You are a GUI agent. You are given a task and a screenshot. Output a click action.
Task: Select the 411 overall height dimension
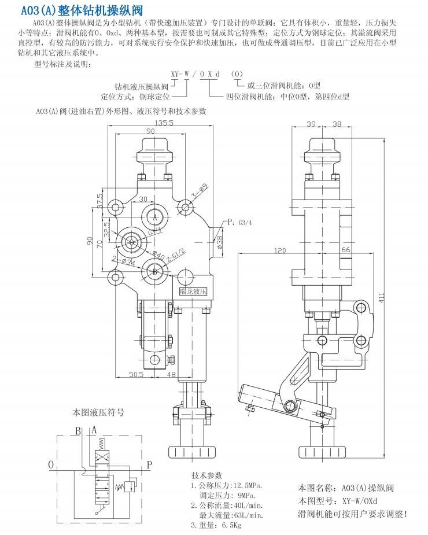pyautogui.click(x=382, y=297)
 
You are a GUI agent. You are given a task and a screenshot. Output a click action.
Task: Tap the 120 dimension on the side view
pyautogui.click(x=281, y=250)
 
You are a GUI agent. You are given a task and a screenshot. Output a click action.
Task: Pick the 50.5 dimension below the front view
pyautogui.click(x=136, y=375)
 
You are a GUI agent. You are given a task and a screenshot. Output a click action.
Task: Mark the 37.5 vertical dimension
pyautogui.click(x=99, y=201)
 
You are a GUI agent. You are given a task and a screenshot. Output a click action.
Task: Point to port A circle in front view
pyautogui.click(x=154, y=216)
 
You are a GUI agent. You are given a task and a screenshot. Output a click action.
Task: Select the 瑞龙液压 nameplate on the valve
pyautogui.click(x=193, y=293)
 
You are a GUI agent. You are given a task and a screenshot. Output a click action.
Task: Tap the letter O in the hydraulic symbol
pyautogui.click(x=51, y=464)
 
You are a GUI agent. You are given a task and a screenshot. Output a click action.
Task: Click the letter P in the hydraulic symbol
pyautogui.click(x=149, y=464)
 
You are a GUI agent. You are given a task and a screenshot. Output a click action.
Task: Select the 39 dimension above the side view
pyautogui.click(x=311, y=124)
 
